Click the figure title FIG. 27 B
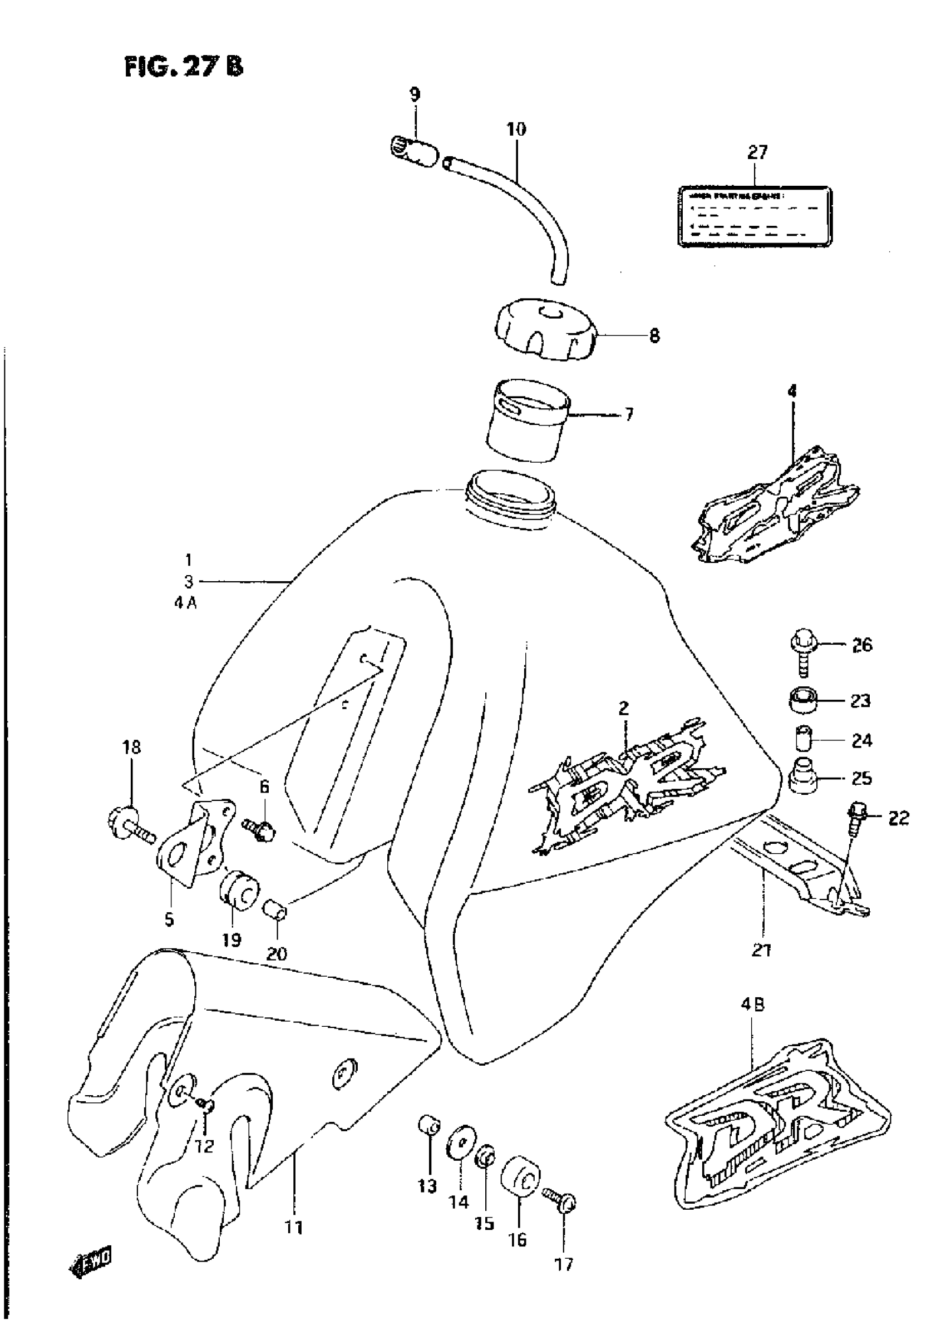click(184, 67)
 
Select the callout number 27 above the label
click(757, 152)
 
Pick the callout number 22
click(898, 818)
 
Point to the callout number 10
click(516, 128)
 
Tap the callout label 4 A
click(185, 603)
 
